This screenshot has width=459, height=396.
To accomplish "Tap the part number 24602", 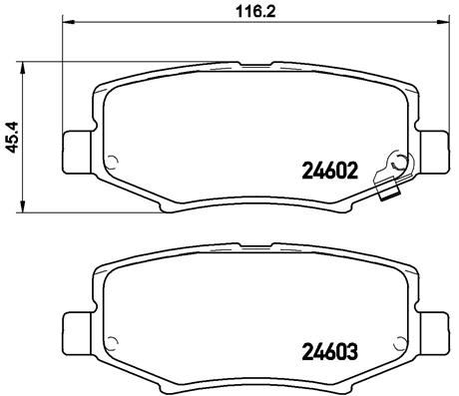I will [328, 170].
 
